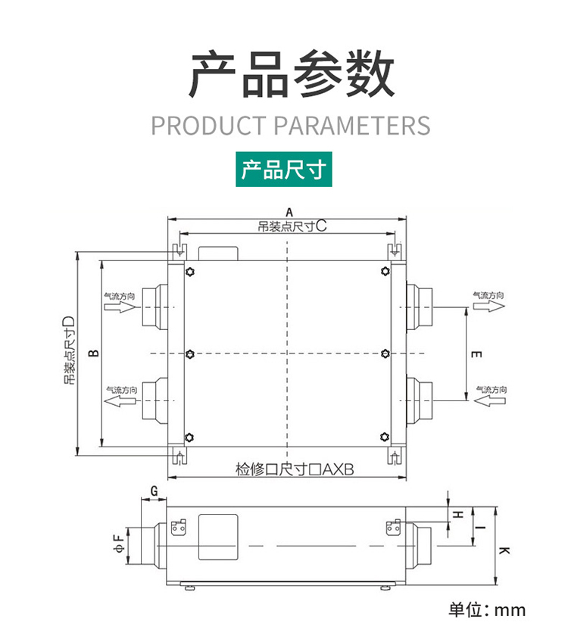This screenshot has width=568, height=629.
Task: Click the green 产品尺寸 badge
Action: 283,170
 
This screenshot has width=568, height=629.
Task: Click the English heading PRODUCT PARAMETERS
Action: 291,125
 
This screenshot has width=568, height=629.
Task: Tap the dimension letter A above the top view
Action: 289,213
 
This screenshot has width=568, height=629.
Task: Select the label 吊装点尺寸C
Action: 292,226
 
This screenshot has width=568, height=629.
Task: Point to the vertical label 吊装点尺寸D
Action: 69,350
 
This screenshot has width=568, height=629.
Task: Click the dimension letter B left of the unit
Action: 93,353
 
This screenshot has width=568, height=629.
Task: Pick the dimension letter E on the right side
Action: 476,354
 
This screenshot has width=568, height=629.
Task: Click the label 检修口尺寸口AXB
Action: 295,469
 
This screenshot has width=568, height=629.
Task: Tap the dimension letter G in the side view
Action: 154,491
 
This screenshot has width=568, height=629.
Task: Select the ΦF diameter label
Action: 120,543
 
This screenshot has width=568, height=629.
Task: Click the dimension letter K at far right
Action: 504,550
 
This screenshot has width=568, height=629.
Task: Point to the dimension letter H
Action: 458,514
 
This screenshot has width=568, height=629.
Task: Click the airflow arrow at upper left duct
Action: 120,307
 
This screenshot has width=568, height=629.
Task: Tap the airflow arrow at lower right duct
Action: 490,400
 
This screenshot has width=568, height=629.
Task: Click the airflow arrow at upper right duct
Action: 488,306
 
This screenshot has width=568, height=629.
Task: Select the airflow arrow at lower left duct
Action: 120,400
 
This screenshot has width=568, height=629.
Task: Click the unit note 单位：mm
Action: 487,610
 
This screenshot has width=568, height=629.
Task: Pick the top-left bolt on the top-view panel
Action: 190,272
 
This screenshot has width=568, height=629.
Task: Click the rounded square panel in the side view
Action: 218,537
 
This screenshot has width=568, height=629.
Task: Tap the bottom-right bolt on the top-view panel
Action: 385,437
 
